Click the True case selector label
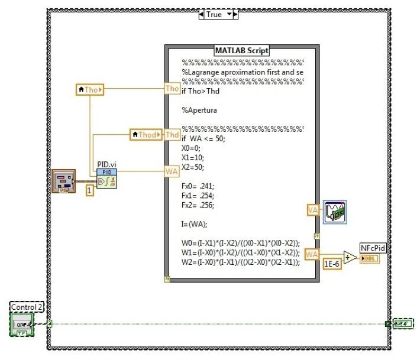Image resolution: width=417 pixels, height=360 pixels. click(x=214, y=14)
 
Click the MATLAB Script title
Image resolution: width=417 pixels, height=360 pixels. click(x=241, y=51)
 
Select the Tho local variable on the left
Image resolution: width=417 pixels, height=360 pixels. click(x=90, y=90)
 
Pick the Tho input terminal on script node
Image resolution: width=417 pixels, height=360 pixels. click(x=172, y=89)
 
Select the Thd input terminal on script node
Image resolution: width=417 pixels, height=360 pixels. click(x=172, y=135)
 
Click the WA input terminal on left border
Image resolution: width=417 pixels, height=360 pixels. click(x=172, y=171)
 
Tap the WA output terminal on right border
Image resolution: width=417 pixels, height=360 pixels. click(x=312, y=254)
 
